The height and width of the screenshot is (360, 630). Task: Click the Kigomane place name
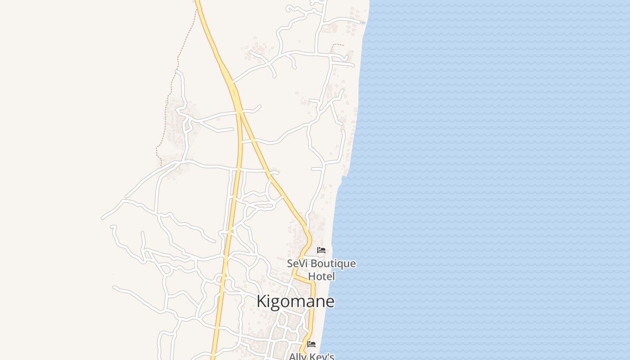295,301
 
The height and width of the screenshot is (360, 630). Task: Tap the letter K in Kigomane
261,301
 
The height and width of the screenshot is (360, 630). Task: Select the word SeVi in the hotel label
297,263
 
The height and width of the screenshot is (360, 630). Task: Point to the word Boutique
333,263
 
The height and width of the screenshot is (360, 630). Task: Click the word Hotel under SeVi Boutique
321,276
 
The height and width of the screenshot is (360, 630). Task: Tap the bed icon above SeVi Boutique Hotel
321,250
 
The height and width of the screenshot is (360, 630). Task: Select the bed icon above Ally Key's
311,344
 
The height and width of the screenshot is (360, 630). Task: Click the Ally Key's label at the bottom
311,356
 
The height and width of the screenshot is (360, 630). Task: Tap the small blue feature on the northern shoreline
363,22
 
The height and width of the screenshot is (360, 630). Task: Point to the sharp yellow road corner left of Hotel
296,275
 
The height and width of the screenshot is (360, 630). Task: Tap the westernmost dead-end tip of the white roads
103,218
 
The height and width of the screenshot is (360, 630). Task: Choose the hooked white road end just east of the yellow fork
259,107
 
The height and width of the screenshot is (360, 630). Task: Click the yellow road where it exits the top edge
197,1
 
